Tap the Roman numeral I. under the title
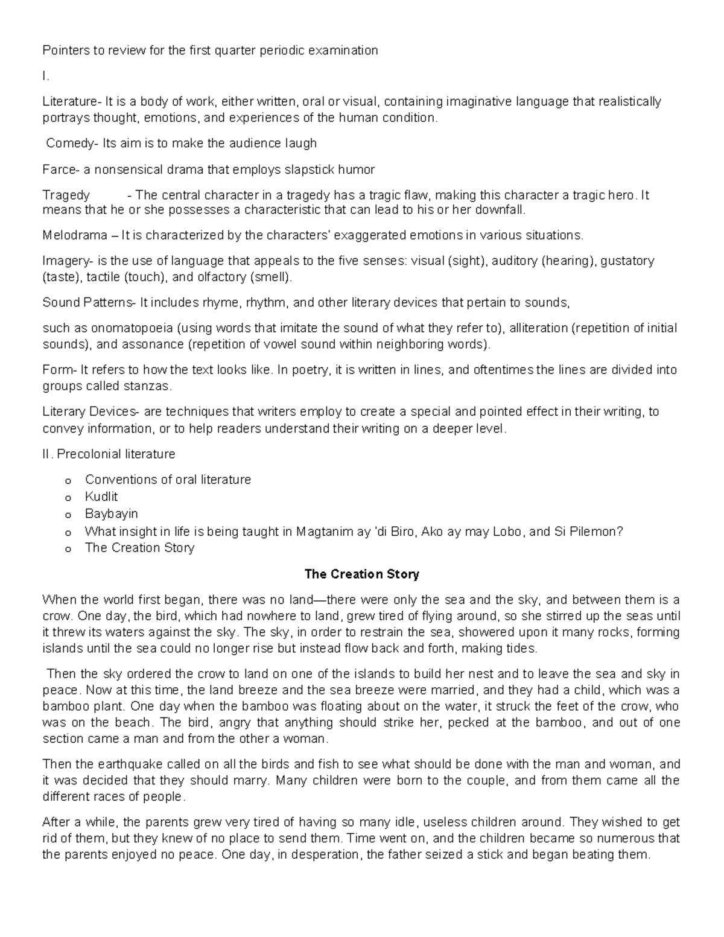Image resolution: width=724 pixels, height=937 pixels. click(x=45, y=76)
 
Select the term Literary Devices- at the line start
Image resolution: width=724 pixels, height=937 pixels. click(x=92, y=412)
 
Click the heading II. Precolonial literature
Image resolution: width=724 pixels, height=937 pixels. click(x=109, y=454)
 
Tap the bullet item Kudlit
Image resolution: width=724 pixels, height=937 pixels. click(x=101, y=497)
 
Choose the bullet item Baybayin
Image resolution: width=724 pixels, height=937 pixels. click(x=112, y=514)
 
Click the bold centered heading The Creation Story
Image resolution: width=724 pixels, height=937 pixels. click(x=361, y=574)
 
